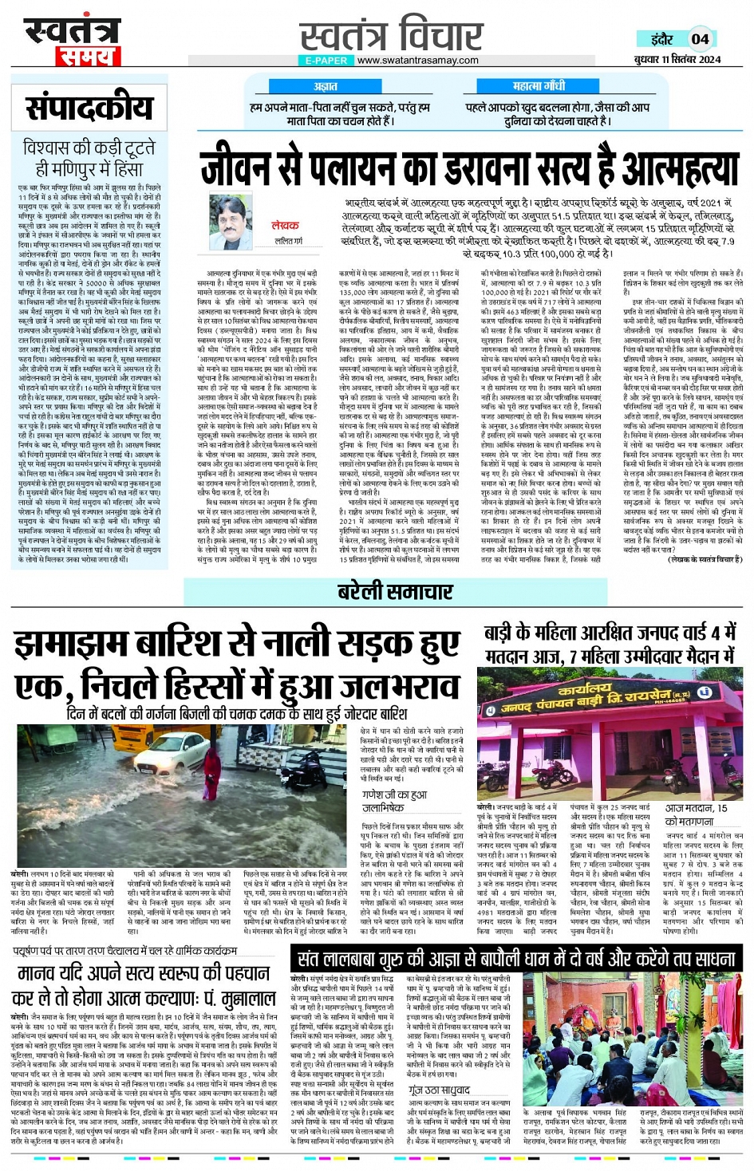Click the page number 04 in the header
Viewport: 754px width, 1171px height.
tap(700, 39)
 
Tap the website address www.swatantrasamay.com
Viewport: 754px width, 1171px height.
tap(417, 61)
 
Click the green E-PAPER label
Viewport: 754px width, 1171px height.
tap(326, 61)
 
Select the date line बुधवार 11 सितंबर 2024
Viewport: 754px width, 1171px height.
tap(677, 60)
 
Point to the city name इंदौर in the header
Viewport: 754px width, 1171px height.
tap(661, 39)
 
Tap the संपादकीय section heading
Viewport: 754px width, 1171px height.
tap(89, 108)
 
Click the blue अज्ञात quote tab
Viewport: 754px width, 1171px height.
tap(326, 86)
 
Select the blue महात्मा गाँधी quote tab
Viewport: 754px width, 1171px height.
tap(539, 86)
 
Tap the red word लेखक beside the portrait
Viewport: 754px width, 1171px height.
tap(285, 226)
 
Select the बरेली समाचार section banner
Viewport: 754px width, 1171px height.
tap(395, 592)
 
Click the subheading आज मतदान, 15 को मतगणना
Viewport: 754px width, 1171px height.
tap(696, 814)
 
